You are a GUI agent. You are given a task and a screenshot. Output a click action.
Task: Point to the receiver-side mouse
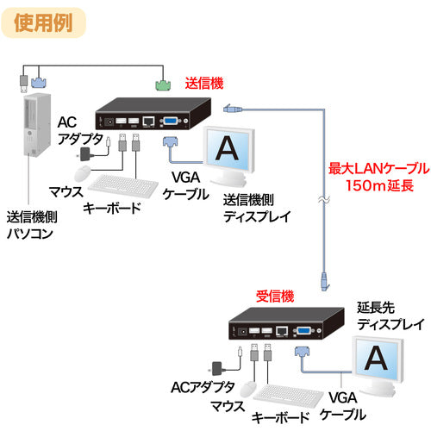pyautogui.click(x=250, y=384)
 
